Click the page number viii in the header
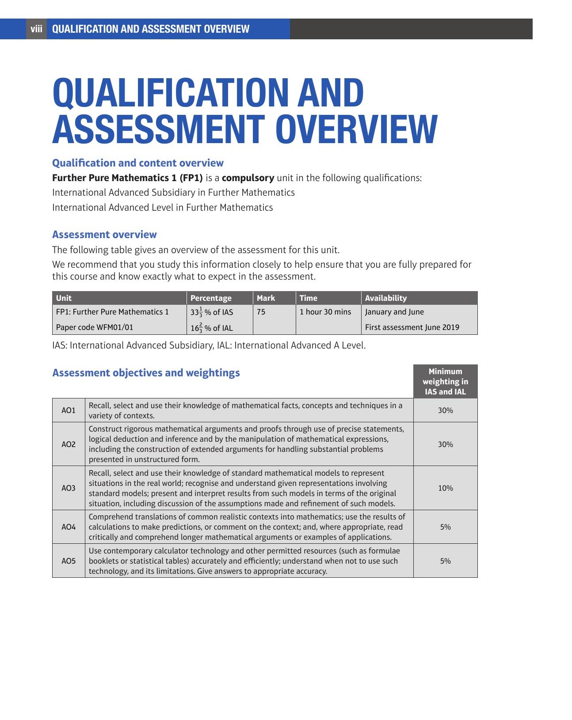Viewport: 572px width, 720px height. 36,29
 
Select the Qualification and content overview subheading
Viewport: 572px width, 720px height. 138,163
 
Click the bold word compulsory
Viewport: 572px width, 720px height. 248,178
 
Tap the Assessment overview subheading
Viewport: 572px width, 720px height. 104,235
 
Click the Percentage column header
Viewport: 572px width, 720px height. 211,298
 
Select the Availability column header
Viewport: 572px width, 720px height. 386,298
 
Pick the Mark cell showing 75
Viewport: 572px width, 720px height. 261,312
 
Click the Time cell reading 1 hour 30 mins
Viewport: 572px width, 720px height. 325,312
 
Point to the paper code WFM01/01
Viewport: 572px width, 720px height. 95,327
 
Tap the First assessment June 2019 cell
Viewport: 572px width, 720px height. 412,327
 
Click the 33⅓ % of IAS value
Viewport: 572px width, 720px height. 212,312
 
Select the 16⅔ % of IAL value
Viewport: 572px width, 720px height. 212,328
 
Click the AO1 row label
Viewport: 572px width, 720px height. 69,410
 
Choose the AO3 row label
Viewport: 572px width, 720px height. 69,488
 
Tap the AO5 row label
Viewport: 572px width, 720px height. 69,561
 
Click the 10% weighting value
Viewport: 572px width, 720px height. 445,488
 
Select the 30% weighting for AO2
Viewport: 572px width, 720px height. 445,444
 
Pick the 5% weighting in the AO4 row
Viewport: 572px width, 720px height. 445,527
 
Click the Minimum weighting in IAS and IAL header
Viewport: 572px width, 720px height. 445,382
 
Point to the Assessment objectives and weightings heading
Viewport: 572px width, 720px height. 146,373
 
